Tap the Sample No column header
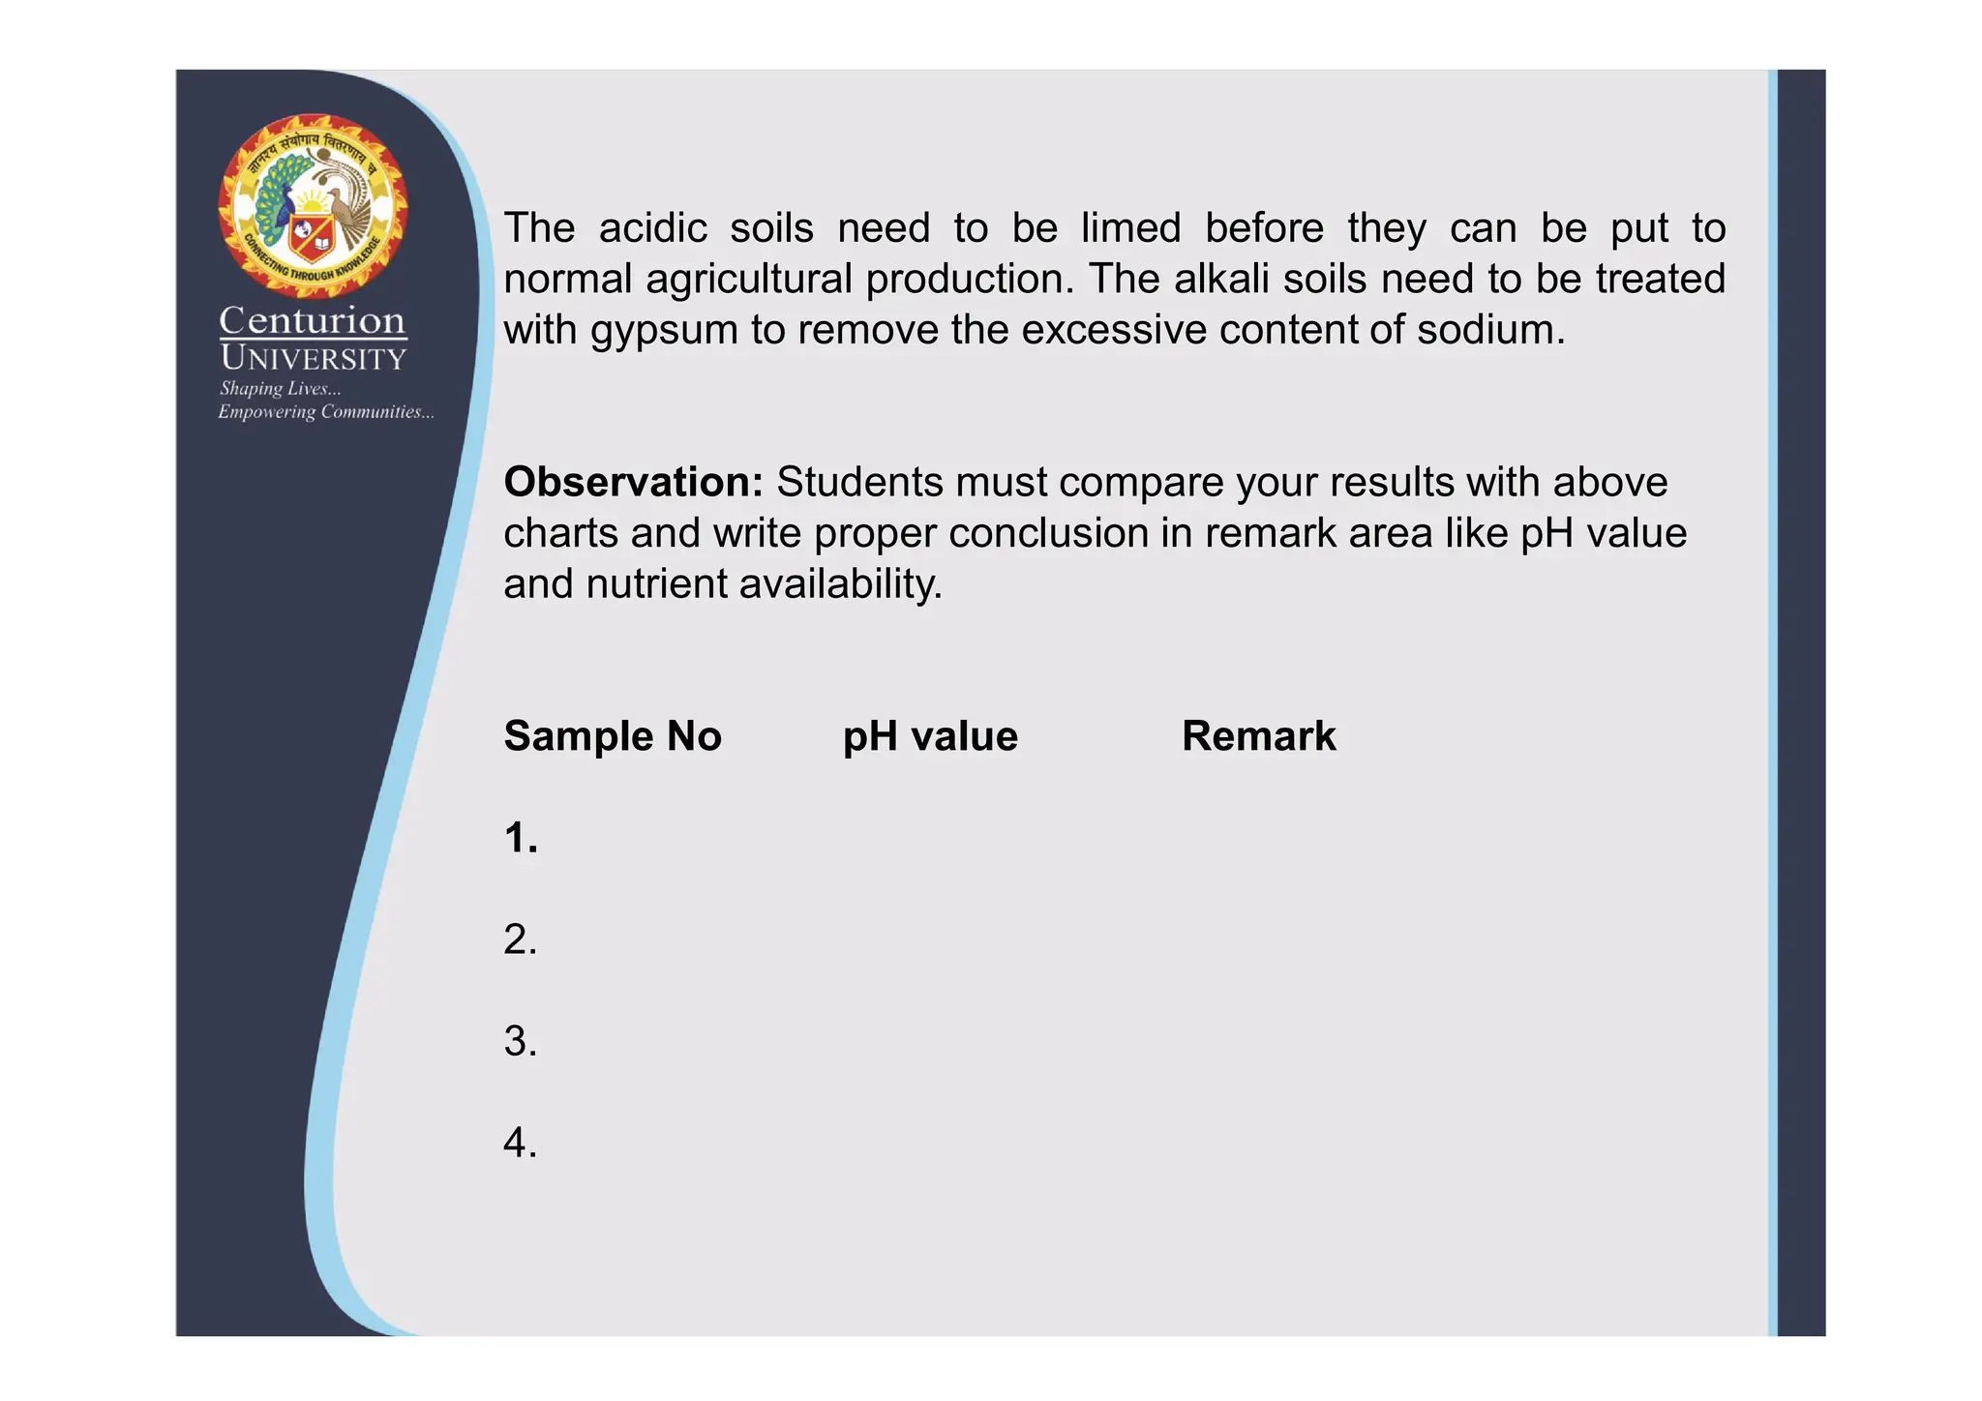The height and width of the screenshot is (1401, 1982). click(613, 736)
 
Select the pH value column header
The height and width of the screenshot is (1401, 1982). click(930, 736)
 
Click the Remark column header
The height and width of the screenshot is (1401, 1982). click(1258, 736)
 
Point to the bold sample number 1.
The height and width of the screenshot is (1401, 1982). click(521, 838)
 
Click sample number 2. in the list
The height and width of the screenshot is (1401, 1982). click(521, 939)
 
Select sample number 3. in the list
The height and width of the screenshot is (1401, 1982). click(521, 1041)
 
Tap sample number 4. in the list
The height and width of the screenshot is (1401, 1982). click(521, 1143)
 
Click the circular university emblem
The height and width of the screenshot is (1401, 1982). click(313, 205)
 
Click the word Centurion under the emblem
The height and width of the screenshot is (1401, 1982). click(313, 320)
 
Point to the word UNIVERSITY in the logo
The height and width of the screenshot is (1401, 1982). click(313, 358)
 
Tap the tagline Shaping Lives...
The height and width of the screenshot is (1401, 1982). click(280, 389)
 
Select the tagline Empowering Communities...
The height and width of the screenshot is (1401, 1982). click(325, 412)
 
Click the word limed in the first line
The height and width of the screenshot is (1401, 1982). click(1130, 228)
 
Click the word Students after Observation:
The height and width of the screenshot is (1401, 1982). click(859, 482)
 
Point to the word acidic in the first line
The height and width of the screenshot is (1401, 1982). click(653, 228)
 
